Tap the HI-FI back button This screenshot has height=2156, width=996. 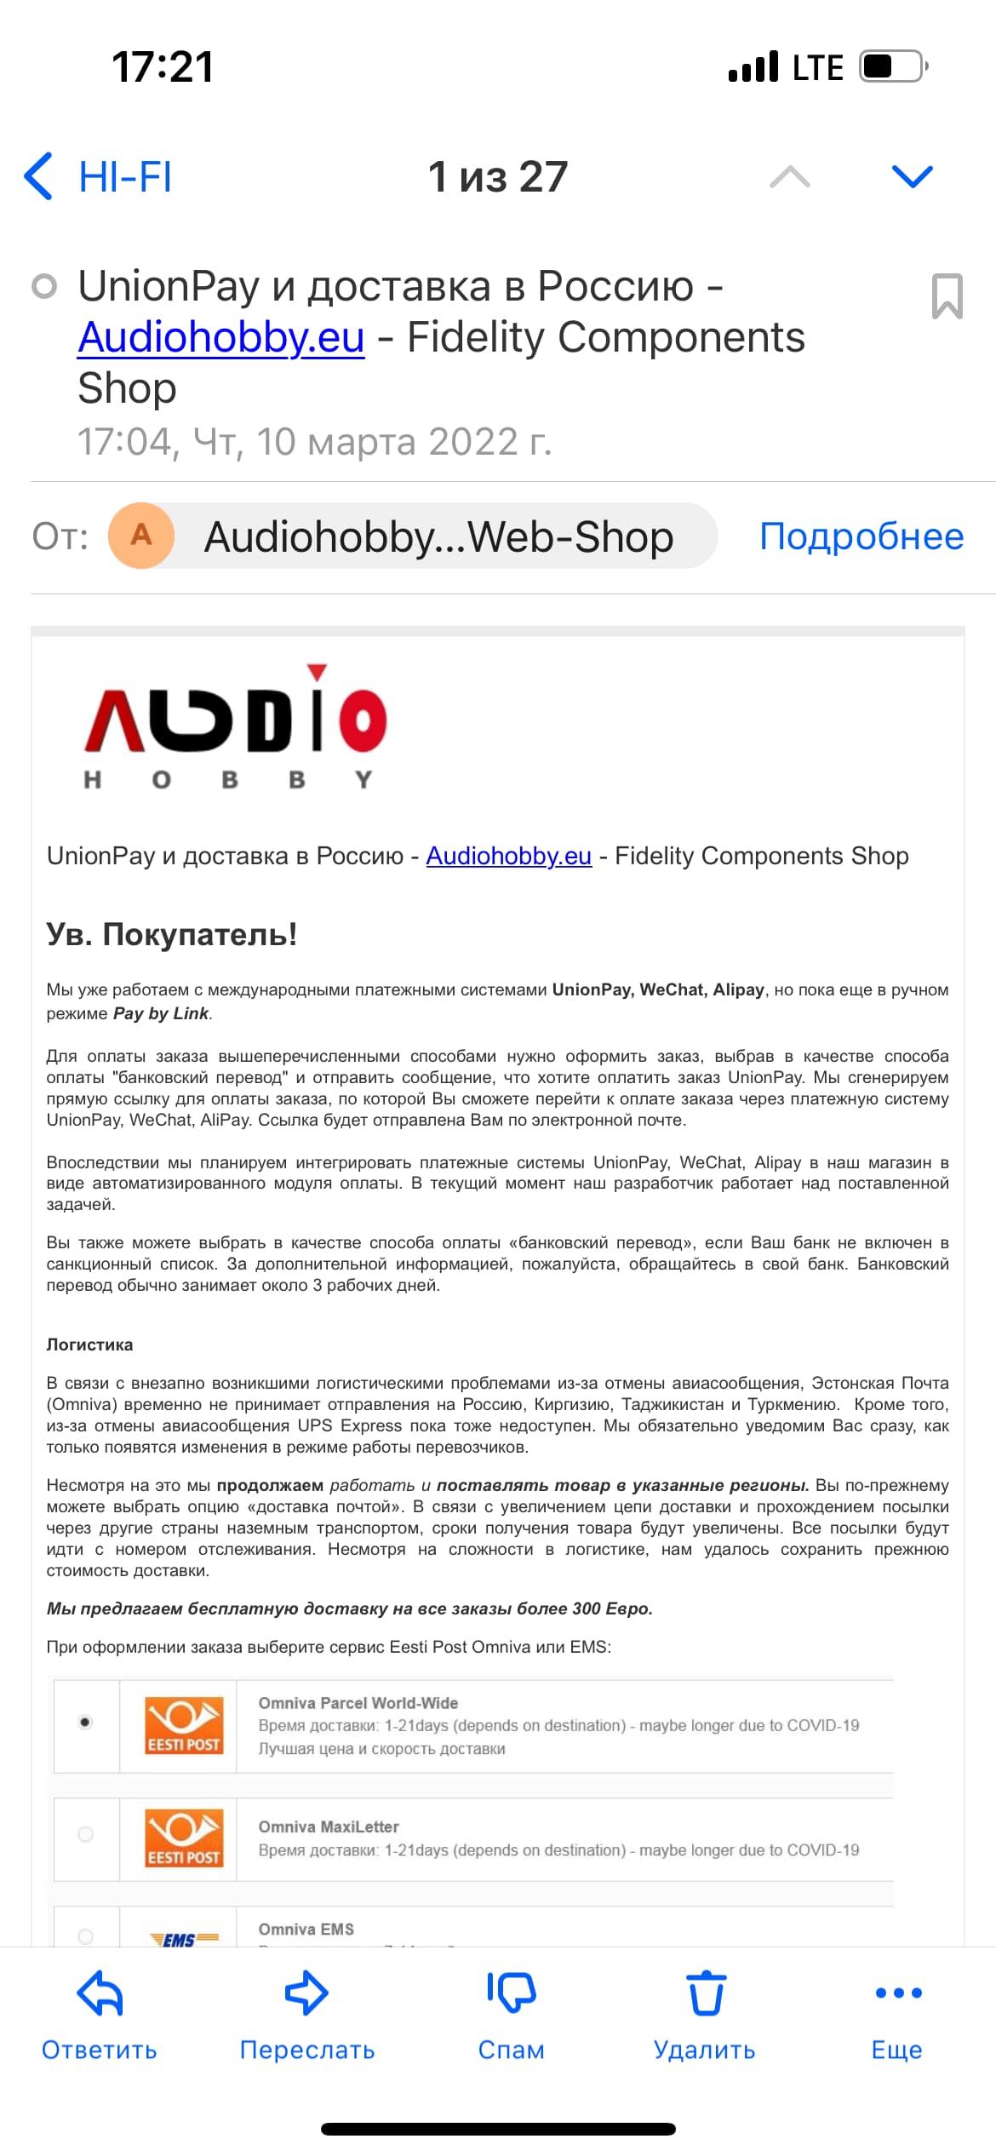click(99, 177)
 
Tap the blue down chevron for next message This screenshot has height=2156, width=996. click(912, 176)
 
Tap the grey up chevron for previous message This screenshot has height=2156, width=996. click(789, 176)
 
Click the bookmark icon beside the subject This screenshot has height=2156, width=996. click(947, 296)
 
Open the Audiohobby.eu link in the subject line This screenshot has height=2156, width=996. click(221, 337)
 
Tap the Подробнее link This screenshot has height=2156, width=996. click(861, 536)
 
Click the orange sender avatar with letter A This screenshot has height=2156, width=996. click(141, 536)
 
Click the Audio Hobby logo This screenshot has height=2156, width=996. click(236, 728)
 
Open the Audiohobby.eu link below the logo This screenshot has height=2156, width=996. click(508, 856)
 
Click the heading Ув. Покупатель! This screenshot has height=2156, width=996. click(172, 934)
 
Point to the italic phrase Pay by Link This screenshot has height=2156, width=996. click(161, 1013)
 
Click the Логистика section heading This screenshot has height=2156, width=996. click(89, 1345)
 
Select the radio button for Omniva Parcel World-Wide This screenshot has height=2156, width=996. click(85, 1723)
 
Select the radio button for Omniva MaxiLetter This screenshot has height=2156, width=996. click(85, 1834)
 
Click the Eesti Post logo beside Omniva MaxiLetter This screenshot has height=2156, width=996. click(184, 1838)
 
